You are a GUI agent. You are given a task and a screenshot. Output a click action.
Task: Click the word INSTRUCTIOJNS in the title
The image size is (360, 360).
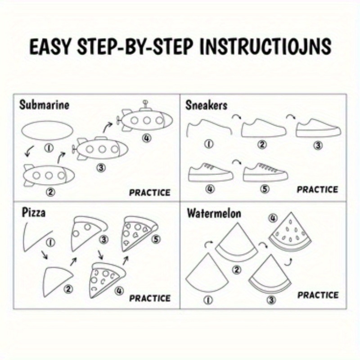(265, 46)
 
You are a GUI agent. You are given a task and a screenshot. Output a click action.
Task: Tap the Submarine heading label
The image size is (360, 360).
(44, 105)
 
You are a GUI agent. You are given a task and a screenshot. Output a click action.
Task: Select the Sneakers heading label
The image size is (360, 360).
(206, 105)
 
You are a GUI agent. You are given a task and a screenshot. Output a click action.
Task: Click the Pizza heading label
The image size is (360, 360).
(33, 213)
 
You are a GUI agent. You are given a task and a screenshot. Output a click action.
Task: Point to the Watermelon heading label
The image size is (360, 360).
(214, 213)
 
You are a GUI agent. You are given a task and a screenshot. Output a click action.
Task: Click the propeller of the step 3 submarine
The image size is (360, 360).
(74, 149)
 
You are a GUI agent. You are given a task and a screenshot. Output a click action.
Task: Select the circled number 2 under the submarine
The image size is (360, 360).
(50, 192)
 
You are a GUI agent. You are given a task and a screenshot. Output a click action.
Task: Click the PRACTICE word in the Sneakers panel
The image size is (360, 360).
(318, 189)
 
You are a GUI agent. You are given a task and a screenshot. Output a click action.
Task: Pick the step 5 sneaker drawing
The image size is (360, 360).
(265, 172)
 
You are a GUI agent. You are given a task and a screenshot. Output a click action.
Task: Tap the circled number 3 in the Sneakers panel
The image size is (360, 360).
(318, 145)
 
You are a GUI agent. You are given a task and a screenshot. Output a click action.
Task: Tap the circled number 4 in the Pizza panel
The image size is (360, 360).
(119, 291)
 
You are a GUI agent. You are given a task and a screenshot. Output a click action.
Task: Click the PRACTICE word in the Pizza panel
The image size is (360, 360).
(150, 298)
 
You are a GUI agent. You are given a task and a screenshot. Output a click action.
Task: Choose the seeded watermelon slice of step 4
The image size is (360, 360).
(290, 232)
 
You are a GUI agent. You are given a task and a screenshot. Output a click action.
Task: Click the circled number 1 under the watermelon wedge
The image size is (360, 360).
(208, 300)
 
